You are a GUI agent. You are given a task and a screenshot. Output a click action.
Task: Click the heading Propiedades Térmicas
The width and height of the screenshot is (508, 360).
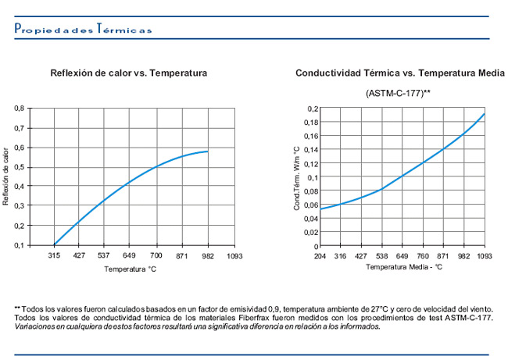84,28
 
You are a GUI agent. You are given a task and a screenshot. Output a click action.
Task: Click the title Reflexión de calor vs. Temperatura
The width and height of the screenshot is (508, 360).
129,73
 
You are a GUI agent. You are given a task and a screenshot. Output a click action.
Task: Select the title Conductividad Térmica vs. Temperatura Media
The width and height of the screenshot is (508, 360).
400,73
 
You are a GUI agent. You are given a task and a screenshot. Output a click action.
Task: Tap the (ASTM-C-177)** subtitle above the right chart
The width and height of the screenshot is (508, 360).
398,93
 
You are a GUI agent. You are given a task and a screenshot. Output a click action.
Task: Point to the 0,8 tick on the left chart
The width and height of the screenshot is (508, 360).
19,108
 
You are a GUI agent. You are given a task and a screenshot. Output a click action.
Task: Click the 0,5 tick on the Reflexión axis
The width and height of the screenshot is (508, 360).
19,167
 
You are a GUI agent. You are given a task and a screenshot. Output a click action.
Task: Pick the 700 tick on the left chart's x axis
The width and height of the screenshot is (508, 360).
156,255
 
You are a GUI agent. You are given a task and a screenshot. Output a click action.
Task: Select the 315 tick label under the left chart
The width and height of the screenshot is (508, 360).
54,255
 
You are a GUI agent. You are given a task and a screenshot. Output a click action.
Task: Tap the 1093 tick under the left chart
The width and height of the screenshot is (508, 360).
234,256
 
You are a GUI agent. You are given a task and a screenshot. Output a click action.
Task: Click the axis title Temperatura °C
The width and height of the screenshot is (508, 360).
131,269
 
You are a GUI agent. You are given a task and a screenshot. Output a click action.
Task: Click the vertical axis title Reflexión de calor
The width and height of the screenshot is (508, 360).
5,176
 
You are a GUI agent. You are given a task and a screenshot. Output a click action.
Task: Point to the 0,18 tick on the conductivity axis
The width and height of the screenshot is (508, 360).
311,123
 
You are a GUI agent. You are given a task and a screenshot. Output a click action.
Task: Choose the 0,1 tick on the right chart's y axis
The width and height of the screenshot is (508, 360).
313,177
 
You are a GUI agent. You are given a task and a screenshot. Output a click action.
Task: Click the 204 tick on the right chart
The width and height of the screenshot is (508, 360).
320,256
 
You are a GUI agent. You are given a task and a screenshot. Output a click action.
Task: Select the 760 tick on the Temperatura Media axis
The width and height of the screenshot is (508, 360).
423,256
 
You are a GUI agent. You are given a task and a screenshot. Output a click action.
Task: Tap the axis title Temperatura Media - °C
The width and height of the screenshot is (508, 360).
404,267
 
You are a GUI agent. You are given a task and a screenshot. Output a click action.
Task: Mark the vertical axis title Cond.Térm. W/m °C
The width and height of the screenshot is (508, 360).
297,178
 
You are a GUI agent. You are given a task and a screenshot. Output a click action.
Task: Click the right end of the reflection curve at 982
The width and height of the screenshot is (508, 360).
207,151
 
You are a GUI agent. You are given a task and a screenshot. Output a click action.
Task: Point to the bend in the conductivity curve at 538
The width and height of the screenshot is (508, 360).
382,189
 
